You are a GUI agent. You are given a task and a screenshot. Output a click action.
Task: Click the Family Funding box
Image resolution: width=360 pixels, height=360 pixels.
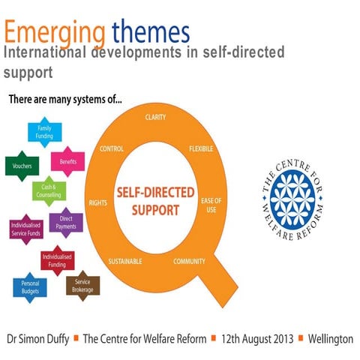point(45,133)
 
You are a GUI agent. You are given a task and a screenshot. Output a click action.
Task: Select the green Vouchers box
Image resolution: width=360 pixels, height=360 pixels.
point(21,166)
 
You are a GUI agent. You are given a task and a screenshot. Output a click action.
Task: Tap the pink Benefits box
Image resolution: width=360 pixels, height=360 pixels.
point(65,161)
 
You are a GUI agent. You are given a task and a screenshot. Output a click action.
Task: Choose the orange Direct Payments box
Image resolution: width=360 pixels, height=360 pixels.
point(66,221)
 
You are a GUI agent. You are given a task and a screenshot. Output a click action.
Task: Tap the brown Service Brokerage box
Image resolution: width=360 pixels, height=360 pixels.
point(82,284)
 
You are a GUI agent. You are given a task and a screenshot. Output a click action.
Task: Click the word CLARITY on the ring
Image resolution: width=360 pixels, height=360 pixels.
point(156,117)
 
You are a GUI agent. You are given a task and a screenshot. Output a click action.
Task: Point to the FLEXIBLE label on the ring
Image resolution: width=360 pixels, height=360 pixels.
point(201,148)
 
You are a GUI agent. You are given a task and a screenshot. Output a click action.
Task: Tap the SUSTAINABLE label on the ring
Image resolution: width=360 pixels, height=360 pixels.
point(126,261)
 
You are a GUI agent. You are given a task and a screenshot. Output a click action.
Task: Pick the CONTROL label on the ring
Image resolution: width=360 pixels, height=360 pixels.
point(112,148)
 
